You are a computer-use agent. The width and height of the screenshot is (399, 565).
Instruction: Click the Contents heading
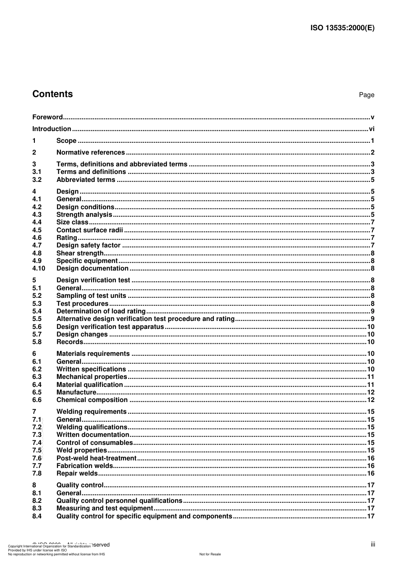(52, 94)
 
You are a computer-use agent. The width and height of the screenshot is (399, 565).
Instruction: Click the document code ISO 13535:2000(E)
(342, 28)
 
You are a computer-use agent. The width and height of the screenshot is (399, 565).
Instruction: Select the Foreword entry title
(47, 117)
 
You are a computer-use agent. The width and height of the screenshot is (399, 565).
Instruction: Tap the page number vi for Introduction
(371, 129)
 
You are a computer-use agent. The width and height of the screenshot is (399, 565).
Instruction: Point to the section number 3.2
(37, 180)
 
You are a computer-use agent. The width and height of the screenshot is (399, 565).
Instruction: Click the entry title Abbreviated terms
(86, 180)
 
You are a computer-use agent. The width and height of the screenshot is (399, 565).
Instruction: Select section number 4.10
(39, 268)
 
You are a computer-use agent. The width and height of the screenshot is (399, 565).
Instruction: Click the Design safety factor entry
(88, 245)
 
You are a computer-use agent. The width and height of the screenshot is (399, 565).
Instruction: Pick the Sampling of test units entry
(91, 296)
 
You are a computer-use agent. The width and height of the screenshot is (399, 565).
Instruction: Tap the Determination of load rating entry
(101, 311)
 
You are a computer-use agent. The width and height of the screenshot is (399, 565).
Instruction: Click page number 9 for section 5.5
(373, 319)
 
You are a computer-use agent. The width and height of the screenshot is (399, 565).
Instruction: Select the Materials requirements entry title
(93, 354)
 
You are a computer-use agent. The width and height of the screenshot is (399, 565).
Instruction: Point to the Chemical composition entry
(92, 400)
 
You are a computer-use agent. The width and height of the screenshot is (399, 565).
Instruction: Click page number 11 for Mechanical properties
(370, 377)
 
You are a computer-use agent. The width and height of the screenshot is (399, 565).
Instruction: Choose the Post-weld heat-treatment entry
(96, 458)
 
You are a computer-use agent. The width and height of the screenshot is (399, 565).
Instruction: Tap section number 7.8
(37, 473)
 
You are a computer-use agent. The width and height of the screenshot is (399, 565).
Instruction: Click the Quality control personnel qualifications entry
(119, 501)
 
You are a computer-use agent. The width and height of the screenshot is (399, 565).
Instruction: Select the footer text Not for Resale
(210, 554)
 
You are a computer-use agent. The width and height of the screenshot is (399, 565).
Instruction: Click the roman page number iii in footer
(373, 544)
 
